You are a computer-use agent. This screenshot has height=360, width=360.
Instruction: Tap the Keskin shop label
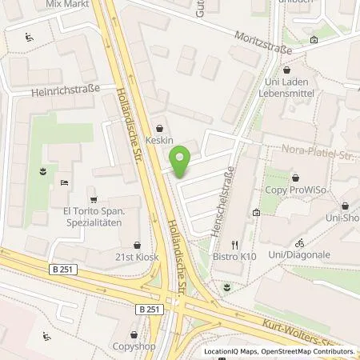point(161,140)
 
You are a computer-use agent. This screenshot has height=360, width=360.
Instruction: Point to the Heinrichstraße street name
point(66,91)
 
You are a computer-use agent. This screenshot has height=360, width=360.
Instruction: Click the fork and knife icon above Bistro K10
point(235,244)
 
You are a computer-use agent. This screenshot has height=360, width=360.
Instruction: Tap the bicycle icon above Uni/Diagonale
point(299,242)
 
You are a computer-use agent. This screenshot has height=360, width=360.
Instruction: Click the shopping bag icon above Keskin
point(161,127)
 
